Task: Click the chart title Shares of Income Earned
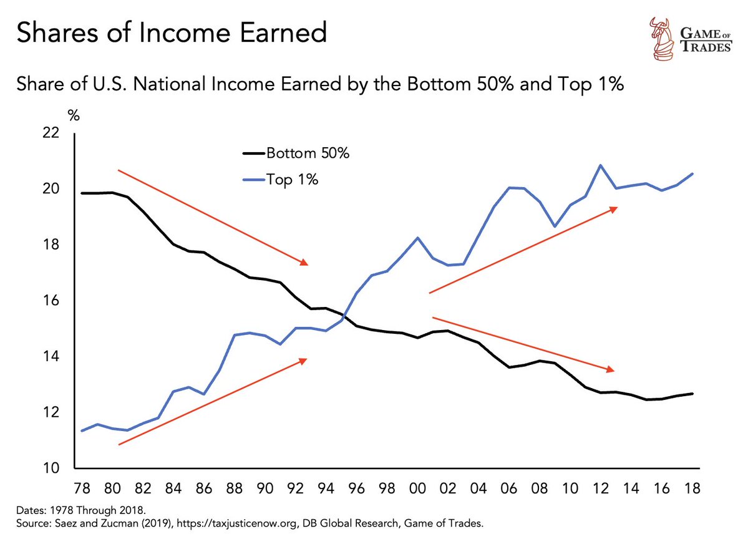pos(171,32)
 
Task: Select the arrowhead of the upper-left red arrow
pos(305,263)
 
